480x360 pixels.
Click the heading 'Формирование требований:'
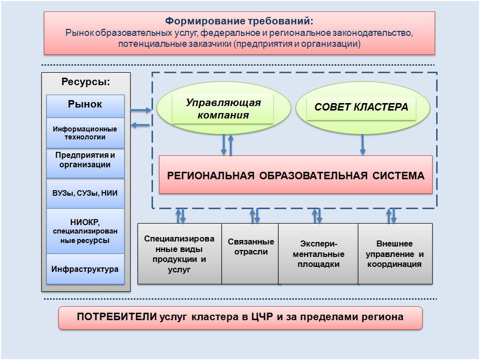pyautogui.click(x=239, y=22)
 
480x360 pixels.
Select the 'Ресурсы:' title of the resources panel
pyautogui.click(x=85, y=82)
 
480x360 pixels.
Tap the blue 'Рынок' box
pyautogui.click(x=85, y=105)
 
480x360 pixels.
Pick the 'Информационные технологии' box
pyautogui.click(x=85, y=133)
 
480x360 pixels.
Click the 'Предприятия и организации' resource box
pyautogui.click(x=85, y=160)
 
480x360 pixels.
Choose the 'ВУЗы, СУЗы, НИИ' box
pyautogui.click(x=85, y=193)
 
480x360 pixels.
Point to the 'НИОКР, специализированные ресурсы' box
pyautogui.click(x=85, y=231)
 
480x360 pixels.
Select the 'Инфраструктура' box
pyautogui.click(x=85, y=269)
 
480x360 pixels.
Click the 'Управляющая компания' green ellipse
pyautogui.click(x=223, y=109)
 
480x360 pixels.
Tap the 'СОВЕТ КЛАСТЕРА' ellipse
pyautogui.click(x=361, y=108)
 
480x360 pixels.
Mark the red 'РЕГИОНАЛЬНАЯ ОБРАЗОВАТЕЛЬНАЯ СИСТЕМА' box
pyautogui.click(x=296, y=175)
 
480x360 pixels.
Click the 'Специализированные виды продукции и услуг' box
pyautogui.click(x=179, y=254)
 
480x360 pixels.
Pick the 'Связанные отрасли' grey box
pyautogui.click(x=251, y=247)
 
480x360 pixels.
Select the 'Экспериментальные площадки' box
pyautogui.click(x=319, y=254)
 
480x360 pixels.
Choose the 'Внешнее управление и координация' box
pyautogui.click(x=395, y=254)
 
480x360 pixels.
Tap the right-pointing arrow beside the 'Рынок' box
pyautogui.click(x=141, y=110)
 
